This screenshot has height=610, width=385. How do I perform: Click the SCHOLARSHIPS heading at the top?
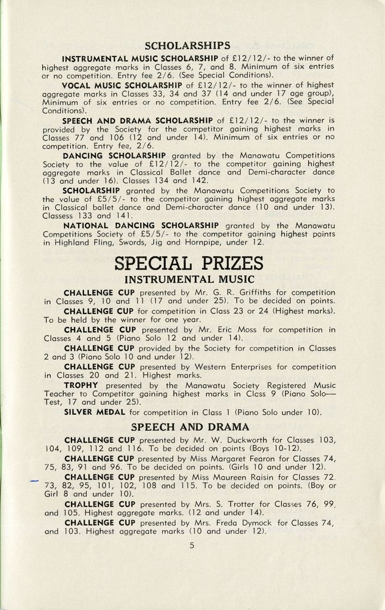pyautogui.click(x=187, y=45)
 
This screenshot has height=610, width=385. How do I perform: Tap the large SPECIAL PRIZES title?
pyautogui.click(x=188, y=262)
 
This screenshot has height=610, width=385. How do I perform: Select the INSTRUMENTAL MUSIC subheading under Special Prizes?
pyautogui.click(x=189, y=279)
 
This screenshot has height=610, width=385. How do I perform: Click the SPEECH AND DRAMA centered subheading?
pyautogui.click(x=190, y=427)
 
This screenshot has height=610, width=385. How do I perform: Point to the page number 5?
pyautogui.click(x=192, y=544)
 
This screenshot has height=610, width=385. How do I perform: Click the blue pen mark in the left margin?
pyautogui.click(x=33, y=481)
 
